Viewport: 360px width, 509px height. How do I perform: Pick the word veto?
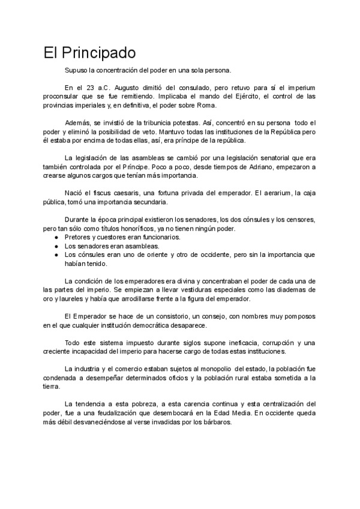coord(173,131)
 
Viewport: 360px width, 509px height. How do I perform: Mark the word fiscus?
coord(95,193)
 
